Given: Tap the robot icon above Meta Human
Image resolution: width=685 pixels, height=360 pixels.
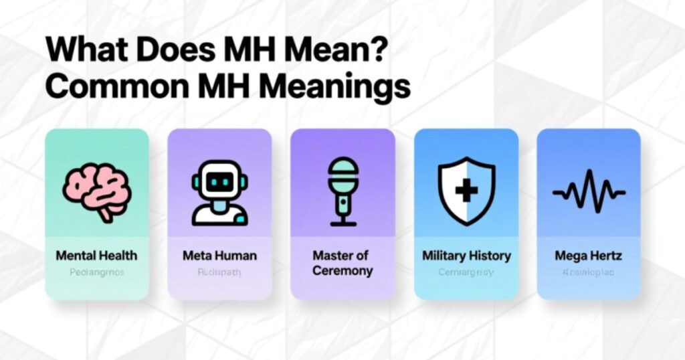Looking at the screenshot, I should point(219,192).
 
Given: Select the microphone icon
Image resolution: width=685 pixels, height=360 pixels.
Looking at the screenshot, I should point(343,191).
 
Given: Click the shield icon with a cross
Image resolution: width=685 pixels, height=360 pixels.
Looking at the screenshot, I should point(466,191).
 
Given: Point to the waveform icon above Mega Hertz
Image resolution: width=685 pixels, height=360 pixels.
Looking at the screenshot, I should point(589,192).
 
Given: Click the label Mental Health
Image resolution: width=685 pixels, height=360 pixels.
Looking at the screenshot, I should point(96,256).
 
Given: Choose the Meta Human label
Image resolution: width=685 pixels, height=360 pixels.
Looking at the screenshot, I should point(219,256).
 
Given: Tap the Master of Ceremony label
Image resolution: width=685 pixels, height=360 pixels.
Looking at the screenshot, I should point(342,263).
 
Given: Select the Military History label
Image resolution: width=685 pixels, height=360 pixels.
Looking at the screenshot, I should point(466,256).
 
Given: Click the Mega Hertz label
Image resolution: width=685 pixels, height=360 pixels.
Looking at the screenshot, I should point(589,256).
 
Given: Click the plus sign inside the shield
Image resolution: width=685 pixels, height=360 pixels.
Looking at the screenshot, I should point(466,191).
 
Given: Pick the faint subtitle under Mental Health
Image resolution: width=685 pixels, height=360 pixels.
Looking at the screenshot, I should point(96,273).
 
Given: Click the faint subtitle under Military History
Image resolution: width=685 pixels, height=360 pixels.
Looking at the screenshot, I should point(466,273).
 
